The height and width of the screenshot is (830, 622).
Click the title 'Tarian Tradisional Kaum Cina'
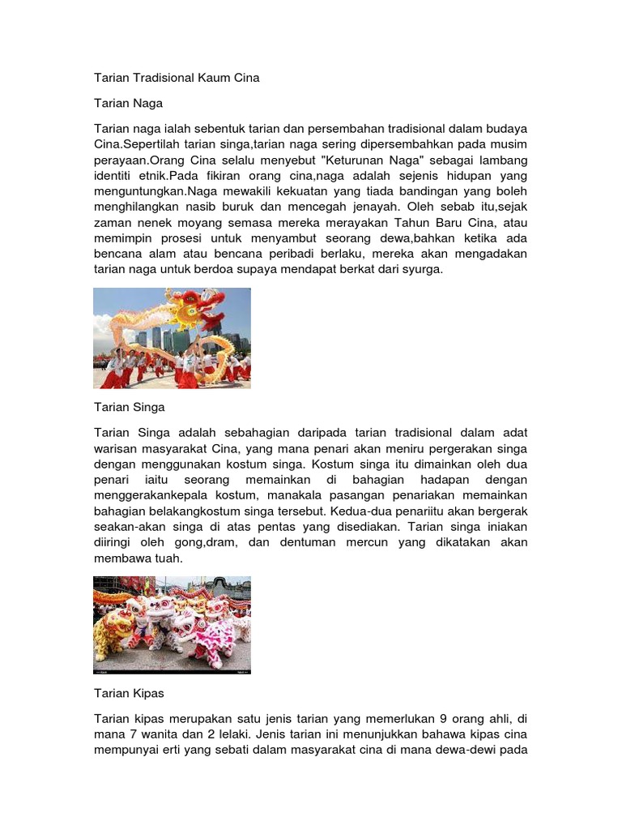pos(177,78)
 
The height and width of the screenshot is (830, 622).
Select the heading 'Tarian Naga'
pos(128,103)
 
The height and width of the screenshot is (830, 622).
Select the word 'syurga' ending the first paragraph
pos(421,269)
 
